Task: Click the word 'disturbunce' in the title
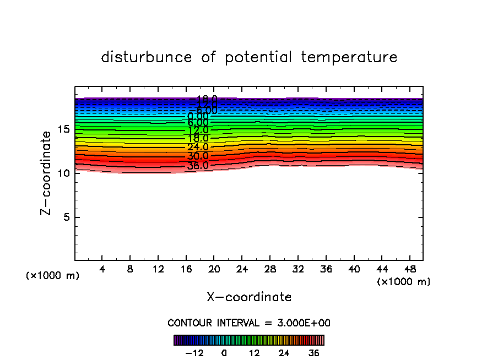point(147,57)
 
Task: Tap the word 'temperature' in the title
point(349,57)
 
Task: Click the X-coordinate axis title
point(249,297)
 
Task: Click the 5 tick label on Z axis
point(67,217)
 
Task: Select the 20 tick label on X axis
point(214,270)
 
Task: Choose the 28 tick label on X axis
point(270,270)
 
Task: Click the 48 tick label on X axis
point(409,270)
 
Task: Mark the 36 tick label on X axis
point(326,270)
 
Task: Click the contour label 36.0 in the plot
point(198,166)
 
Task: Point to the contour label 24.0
point(198,147)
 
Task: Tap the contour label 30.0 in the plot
point(198,156)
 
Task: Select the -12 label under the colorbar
point(194,353)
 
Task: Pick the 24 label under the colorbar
point(284,353)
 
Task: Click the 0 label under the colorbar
point(224,353)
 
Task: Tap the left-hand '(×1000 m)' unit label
point(53,276)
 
